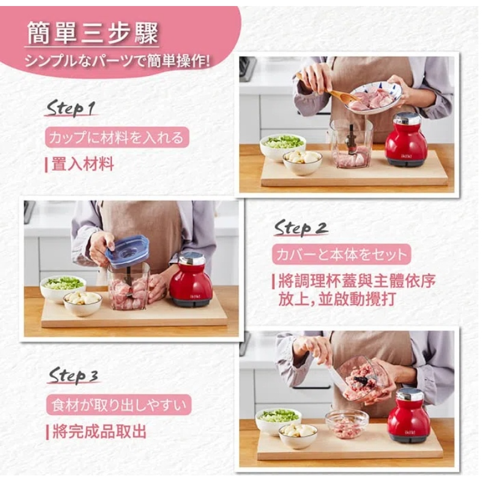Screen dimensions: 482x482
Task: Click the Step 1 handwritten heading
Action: coord(70,108)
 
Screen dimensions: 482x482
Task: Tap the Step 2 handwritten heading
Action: coord(301,228)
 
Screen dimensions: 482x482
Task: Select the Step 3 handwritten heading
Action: coord(73,375)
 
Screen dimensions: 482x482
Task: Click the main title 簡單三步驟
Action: coord(92,33)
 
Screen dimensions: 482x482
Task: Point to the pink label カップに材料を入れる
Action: coord(117,137)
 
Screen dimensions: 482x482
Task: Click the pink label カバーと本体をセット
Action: coord(341,254)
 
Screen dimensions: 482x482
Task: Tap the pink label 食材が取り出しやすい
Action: coord(119,405)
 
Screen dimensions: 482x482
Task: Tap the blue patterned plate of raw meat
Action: coord(372,97)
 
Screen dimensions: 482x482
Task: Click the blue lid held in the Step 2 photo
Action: coord(127,251)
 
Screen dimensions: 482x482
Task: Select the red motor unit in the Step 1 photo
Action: coord(405,140)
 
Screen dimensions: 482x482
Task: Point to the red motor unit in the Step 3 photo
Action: coord(408,415)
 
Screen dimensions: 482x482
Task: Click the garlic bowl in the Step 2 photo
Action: coord(83,303)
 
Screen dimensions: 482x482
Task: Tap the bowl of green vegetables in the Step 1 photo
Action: coord(283,146)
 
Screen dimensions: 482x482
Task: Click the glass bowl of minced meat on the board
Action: coord(347,424)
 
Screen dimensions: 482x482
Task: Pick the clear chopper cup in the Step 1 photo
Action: coord(351,143)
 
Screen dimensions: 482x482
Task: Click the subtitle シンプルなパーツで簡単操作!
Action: coord(117,61)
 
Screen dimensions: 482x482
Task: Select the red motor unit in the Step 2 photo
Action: coord(190,279)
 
